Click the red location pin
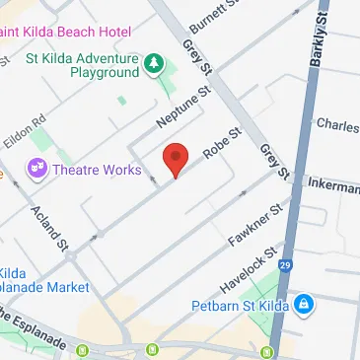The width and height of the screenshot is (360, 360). tap(175, 159)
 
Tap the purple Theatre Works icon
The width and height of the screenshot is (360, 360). tap(37, 169)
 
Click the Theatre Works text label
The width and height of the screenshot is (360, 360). tap(96, 170)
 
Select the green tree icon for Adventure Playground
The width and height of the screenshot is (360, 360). tap(155, 66)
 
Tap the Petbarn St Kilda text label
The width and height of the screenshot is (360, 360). tap(240, 305)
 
